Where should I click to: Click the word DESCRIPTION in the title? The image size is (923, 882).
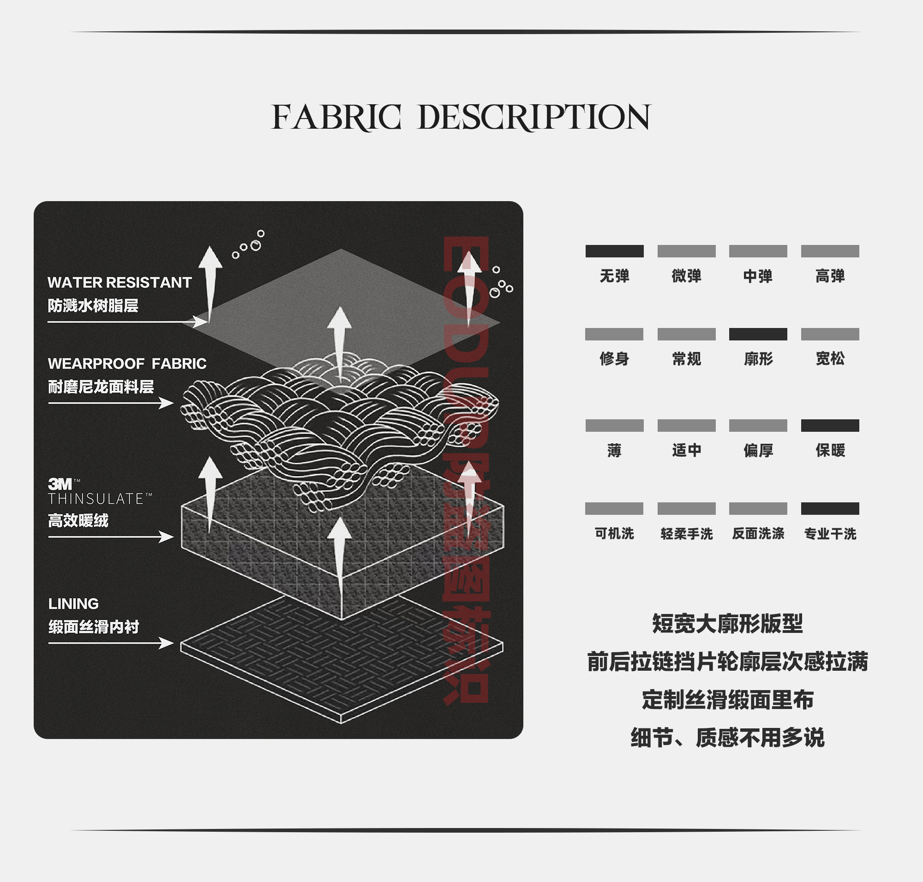(534, 117)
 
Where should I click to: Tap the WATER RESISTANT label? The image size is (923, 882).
(120, 283)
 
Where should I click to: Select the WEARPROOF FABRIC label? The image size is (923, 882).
(127, 364)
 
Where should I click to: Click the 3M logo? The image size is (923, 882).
(60, 484)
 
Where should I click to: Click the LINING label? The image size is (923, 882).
(73, 604)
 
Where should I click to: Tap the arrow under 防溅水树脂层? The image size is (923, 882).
(127, 322)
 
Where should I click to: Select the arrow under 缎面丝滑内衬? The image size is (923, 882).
(111, 643)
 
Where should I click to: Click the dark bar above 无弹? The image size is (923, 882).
(614, 251)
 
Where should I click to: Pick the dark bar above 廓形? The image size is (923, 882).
(758, 334)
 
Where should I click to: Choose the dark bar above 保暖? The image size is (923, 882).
(830, 425)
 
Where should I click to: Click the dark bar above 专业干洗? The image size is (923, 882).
(830, 509)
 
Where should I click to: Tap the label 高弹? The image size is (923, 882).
(830, 276)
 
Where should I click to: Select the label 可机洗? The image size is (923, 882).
(614, 534)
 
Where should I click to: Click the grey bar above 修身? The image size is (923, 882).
(614, 334)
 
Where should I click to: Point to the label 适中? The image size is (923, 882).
(686, 450)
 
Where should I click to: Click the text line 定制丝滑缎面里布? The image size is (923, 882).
(727, 700)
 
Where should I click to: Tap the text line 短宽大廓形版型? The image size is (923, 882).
(727, 624)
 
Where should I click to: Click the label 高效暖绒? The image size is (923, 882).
(78, 520)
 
